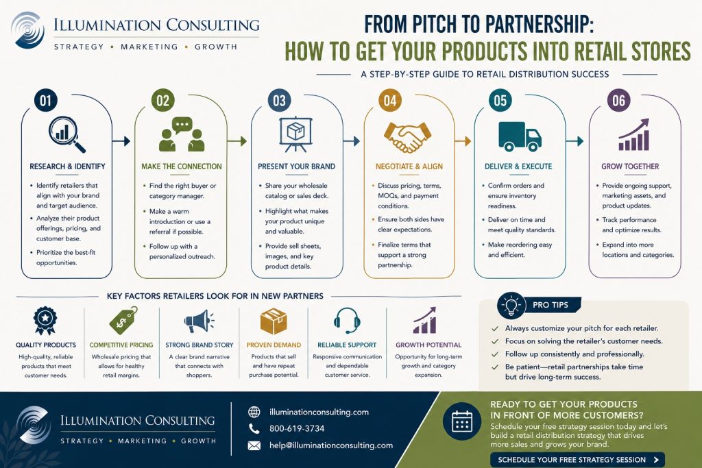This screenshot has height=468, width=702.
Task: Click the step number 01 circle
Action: [46, 100]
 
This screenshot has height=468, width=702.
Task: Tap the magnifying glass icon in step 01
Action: [66, 134]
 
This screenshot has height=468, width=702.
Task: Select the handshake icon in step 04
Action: [407, 137]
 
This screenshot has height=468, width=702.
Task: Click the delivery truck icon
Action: [520, 136]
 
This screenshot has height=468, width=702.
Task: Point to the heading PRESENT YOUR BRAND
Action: [296, 167]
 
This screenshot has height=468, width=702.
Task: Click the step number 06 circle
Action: [619, 100]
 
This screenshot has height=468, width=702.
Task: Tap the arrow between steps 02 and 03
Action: [237, 141]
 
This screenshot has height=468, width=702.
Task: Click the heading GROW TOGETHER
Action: [630, 167]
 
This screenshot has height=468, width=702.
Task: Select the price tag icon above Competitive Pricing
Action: [123, 321]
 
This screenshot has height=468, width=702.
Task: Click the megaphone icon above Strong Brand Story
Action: [199, 321]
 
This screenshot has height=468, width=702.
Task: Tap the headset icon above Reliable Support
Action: [347, 321]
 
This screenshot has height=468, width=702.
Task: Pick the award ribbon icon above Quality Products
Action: [45, 321]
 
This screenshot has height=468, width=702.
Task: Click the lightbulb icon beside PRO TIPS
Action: [511, 305]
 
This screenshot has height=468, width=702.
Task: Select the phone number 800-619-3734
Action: [297, 429]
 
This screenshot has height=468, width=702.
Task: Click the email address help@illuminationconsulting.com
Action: [331, 445]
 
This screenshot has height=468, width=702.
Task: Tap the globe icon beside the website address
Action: [254, 412]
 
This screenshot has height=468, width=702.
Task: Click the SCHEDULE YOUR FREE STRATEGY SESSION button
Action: [577, 460]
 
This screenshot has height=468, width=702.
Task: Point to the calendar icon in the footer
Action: [462, 421]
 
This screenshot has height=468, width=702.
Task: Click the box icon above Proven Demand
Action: [273, 321]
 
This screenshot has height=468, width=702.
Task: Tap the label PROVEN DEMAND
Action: [274, 345]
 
